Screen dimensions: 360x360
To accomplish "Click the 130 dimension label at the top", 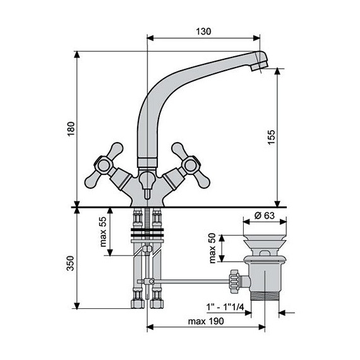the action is [x=203, y=32].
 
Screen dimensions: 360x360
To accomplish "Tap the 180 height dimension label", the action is [x=71, y=129].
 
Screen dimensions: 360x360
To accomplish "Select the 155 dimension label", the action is [x=272, y=137].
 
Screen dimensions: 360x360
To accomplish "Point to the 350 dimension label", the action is [x=71, y=263].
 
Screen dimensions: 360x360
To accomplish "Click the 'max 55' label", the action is [x=104, y=232].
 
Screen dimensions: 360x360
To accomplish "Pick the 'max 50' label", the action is [x=213, y=248].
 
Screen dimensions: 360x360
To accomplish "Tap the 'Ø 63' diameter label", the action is [x=265, y=215].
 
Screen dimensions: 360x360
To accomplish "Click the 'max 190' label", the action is [x=206, y=321].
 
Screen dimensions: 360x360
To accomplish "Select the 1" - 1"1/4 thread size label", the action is [x=225, y=307].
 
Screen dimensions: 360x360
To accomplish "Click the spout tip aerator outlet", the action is [x=260, y=66].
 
